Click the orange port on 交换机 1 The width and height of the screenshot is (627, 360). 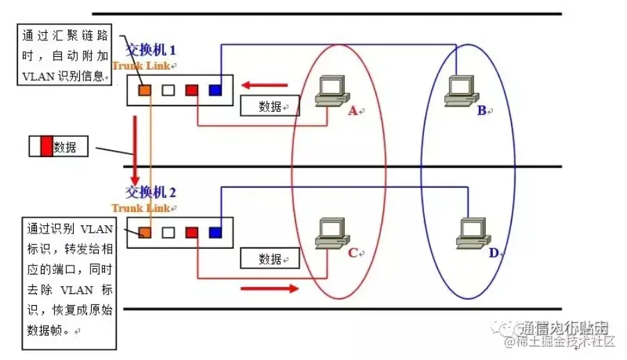tap(144, 90)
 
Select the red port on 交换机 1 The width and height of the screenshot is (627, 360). tap(191, 90)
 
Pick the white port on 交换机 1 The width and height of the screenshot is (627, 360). tap(168, 90)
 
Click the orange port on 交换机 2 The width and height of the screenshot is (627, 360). tap(145, 233)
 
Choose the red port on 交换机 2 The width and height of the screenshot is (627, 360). tap(191, 233)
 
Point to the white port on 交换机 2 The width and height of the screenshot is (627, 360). tap(168, 233)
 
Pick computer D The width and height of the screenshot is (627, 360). tap(470, 234)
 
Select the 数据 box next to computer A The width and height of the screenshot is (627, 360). tap(270, 106)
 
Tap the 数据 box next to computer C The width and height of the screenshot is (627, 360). tap(270, 259)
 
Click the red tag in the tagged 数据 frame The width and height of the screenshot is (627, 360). tap(47, 147)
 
